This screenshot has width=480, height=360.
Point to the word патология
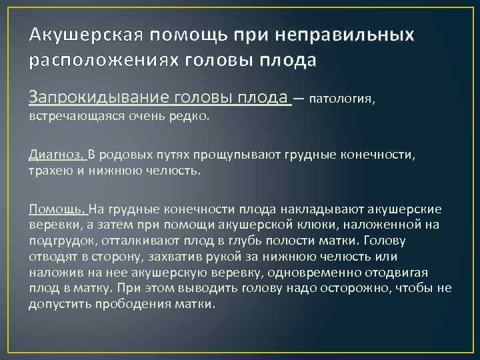point(343,99)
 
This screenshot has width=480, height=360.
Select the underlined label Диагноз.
point(56,155)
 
